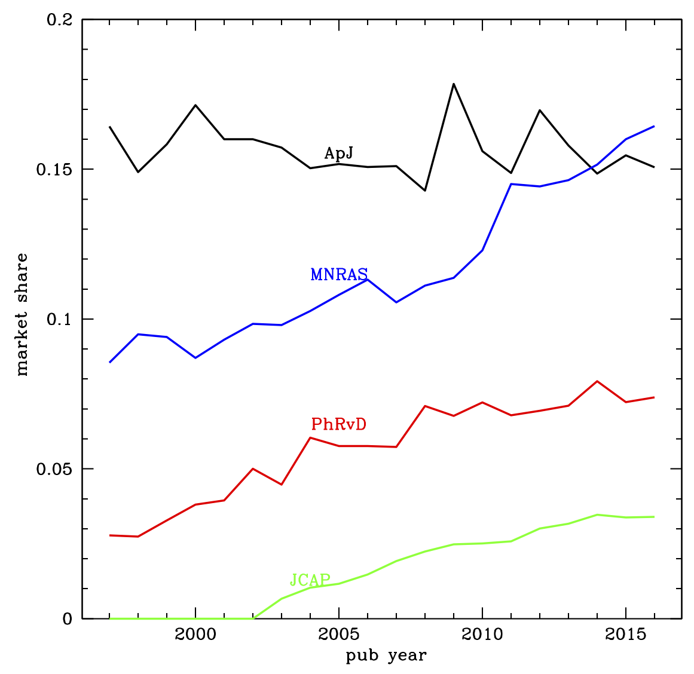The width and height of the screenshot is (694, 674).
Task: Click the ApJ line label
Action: tap(338, 154)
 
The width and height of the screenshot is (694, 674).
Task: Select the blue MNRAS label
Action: tap(339, 274)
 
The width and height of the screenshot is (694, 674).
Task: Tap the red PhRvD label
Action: tap(338, 424)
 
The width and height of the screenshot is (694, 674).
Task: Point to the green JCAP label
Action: tap(310, 580)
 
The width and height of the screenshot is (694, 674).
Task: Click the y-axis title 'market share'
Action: tap(22, 315)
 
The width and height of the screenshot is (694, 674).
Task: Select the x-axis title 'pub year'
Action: tap(386, 656)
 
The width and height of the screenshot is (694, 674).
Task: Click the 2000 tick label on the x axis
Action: tap(195, 635)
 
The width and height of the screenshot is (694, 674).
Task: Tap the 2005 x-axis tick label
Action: tap(339, 635)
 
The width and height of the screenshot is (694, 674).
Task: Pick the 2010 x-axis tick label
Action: tap(482, 635)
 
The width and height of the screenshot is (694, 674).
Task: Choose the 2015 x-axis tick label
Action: tap(626, 635)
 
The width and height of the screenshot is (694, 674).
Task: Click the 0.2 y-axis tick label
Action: tap(59, 20)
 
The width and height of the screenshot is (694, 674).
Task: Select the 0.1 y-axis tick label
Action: tap(59, 319)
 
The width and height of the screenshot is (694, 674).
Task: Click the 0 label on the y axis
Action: tap(68, 619)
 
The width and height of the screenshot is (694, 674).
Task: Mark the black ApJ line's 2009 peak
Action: tap(453, 84)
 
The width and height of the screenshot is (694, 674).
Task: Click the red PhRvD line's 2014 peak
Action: tap(597, 381)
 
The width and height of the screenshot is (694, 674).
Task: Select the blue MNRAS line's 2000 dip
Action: tap(195, 357)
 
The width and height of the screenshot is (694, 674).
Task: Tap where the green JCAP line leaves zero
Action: tap(253, 618)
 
